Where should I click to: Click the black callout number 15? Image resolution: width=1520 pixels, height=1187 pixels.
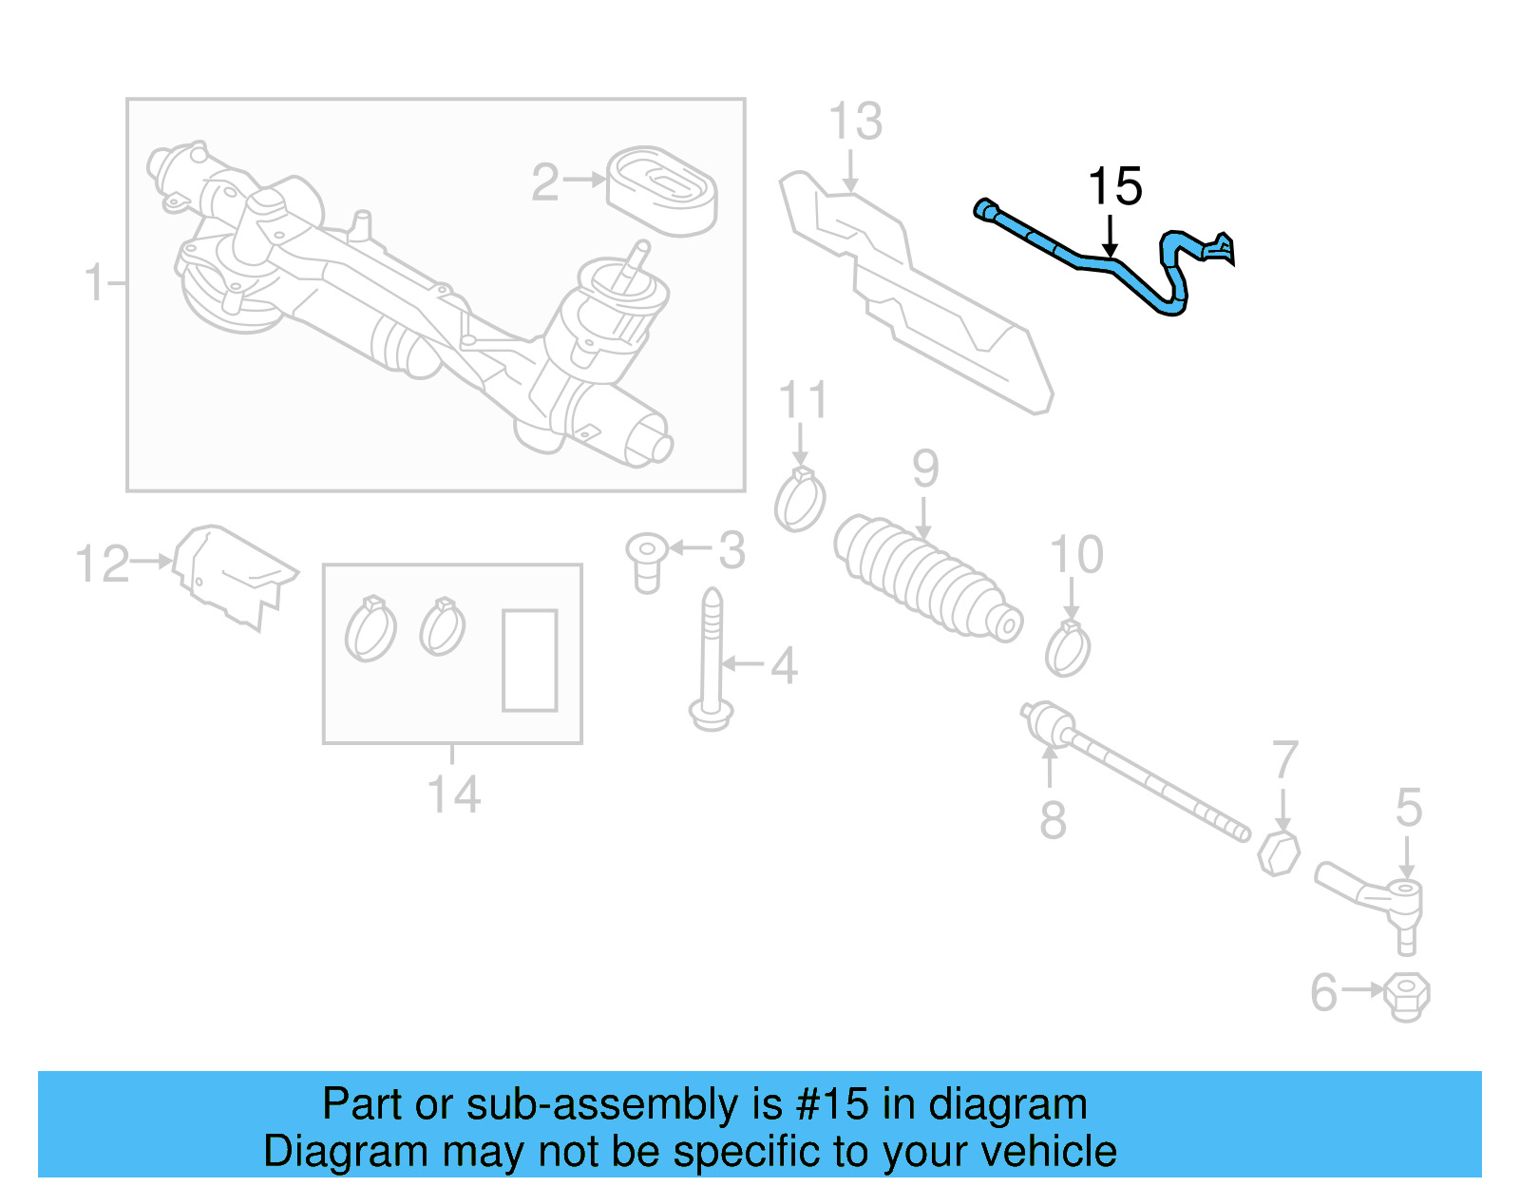tap(1114, 186)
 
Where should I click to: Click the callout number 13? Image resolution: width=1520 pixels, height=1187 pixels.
tap(855, 122)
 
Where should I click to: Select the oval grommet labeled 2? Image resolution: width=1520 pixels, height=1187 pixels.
tap(662, 190)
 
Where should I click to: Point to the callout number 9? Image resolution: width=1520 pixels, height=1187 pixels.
tap(925, 469)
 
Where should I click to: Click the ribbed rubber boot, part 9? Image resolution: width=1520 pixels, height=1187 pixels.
tap(925, 581)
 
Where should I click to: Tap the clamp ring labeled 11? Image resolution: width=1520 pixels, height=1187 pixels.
tap(800, 500)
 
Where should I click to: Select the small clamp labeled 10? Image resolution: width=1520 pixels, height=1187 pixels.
tap(1068, 649)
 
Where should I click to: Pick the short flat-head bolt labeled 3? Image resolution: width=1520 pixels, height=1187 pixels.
tap(646, 562)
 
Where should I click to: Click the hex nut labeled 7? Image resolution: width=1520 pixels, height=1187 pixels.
tap(1279, 852)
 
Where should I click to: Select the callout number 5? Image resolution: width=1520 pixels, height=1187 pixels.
tap(1408, 808)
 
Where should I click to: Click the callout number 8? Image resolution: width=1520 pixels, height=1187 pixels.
tap(1053, 819)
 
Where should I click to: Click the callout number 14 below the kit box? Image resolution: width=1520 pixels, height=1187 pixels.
tap(453, 795)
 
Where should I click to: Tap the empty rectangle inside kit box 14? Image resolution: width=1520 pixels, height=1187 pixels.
tap(529, 661)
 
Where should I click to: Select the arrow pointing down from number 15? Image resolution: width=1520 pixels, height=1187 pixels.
tap(1110, 236)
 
